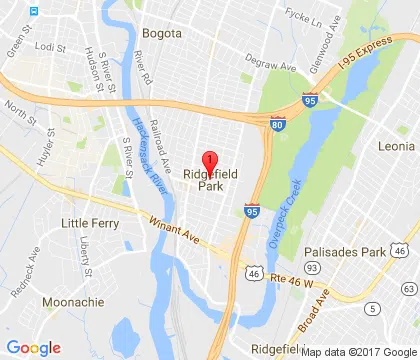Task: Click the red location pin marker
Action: pos(209,161)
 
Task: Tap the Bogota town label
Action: pos(163,32)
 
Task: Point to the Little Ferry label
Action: pos(89,221)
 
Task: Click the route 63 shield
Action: pos(373,307)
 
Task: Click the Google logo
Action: pos(33,347)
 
